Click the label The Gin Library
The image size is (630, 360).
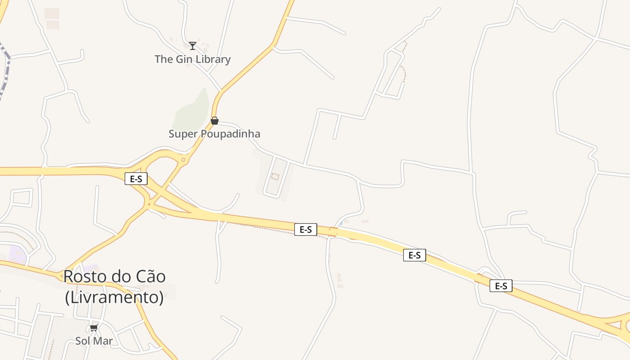point(193,59)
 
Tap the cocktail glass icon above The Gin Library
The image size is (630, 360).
point(193,45)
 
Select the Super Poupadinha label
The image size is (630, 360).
point(214,134)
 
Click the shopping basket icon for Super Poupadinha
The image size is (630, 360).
point(215,121)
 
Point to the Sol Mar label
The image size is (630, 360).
point(94,341)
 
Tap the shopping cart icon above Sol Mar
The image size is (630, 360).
point(94,328)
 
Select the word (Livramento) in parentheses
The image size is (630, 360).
point(114,297)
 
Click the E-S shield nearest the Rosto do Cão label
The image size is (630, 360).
point(136,179)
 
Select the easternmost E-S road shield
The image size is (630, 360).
point(501,286)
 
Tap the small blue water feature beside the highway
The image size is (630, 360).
point(341,223)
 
